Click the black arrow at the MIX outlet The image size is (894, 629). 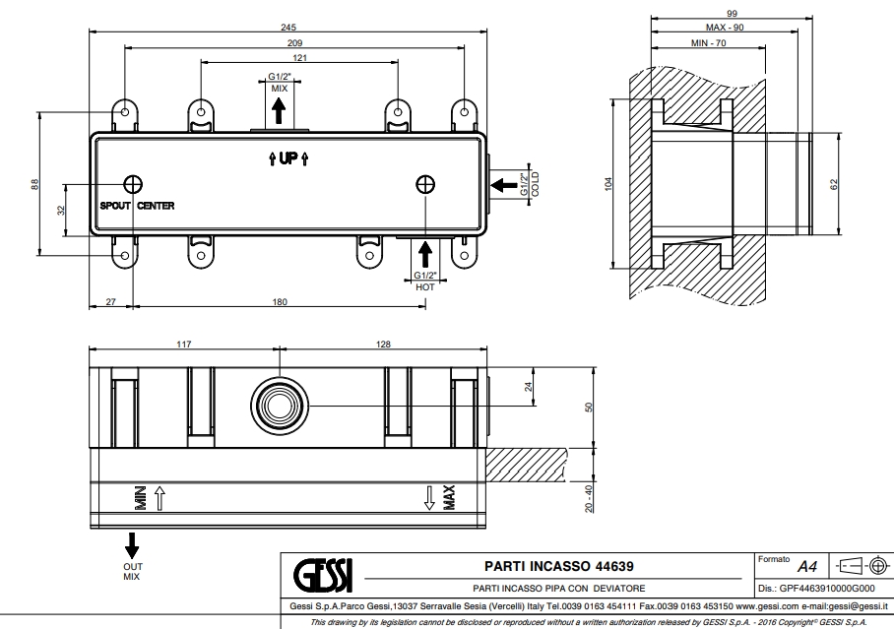tap(279, 110)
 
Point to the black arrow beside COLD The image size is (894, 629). tap(501, 183)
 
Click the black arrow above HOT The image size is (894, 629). tap(424, 252)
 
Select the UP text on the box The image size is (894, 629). tap(288, 158)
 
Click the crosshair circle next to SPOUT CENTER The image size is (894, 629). tap(133, 183)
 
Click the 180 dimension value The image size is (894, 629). tap(280, 303)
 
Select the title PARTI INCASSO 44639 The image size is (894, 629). tap(559, 566)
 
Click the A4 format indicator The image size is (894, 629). tap(807, 567)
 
